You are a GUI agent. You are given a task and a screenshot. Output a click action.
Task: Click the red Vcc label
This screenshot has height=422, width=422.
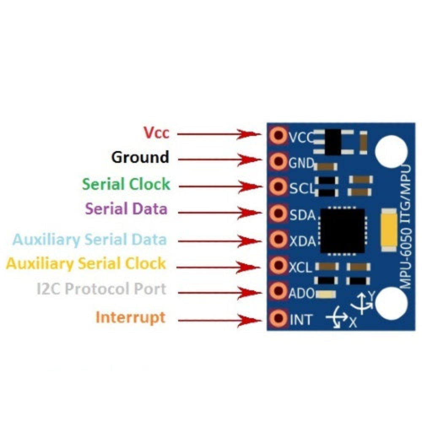click(156, 133)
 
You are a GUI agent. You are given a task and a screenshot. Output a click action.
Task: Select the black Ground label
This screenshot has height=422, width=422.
click(140, 157)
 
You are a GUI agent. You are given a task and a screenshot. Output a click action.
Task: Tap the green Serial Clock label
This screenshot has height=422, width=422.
click(126, 184)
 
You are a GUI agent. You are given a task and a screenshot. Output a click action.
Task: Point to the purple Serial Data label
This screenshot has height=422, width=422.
click(126, 208)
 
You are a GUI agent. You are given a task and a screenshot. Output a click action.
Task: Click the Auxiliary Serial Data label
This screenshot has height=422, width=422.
click(89, 240)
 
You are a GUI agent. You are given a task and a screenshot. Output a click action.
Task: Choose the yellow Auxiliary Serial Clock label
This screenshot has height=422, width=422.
click(86, 264)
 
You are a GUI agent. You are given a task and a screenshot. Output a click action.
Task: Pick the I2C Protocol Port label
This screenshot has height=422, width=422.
click(101, 289)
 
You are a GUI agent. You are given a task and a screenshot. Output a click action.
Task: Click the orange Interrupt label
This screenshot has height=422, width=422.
click(130, 317)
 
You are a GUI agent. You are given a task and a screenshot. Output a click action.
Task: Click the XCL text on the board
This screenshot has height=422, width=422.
click(300, 267)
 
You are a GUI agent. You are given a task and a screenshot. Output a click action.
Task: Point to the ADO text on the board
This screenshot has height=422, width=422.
click(301, 293)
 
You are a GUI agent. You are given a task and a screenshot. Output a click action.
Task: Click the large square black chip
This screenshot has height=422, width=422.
click(342, 230)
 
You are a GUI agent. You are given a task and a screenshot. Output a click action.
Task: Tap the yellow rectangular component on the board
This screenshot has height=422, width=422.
click(389, 231)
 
